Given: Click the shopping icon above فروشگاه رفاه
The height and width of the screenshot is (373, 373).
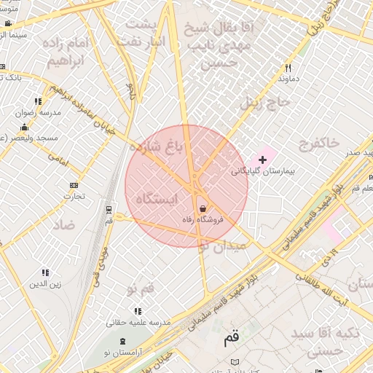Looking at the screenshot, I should point(202,209).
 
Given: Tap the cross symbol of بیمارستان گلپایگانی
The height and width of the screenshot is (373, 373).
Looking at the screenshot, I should point(263,160).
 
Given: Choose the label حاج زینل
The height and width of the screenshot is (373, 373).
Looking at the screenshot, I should point(267,101).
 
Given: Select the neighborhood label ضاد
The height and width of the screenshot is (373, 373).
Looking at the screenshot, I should point(63,224).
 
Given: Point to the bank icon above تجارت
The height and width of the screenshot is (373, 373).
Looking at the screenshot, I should point(74,185).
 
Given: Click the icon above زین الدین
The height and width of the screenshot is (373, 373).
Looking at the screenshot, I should point(44,273).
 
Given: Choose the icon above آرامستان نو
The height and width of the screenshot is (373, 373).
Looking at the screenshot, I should point(121,341).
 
